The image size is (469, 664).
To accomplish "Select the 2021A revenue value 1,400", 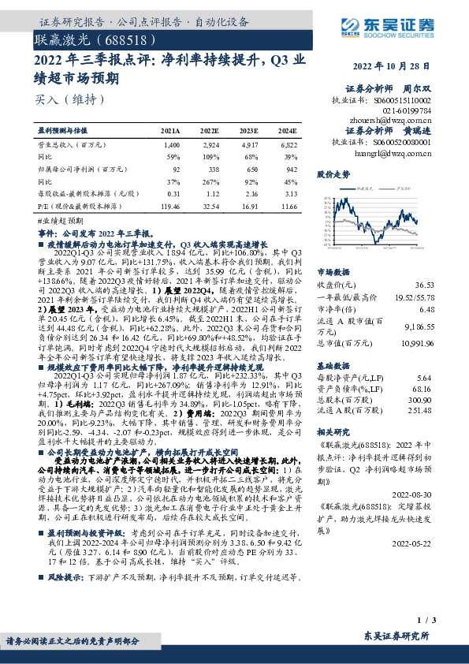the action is point(172,146).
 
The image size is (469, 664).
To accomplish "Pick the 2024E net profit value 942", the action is point(291,169).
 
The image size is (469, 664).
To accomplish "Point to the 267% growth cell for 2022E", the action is point(210,181).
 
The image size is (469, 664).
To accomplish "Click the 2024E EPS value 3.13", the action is point(290,192).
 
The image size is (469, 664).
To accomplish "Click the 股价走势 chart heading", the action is point(332,173).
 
